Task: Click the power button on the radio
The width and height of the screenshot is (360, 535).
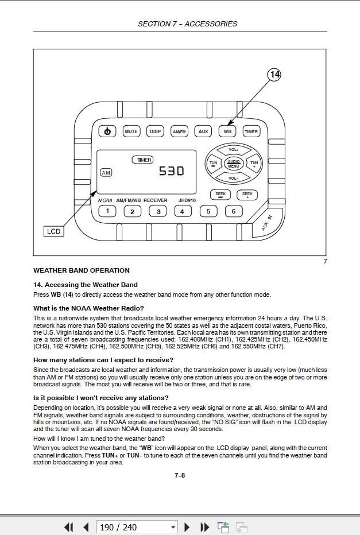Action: (107, 131)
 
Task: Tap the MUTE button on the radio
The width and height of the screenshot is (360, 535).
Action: (131, 131)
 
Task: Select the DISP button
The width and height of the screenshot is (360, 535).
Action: (155, 131)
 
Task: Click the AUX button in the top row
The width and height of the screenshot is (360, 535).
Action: (203, 131)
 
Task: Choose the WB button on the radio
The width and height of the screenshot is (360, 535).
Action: (227, 131)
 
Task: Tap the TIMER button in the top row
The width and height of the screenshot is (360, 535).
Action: (251, 131)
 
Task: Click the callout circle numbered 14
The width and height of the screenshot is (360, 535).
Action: (274, 75)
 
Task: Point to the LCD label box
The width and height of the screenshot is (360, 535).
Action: (53, 231)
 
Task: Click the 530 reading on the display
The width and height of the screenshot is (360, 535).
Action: (171, 170)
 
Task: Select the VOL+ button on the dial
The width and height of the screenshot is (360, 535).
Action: (233, 150)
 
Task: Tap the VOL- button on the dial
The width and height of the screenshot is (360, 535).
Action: (233, 178)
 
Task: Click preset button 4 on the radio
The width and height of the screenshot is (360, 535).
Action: (182, 211)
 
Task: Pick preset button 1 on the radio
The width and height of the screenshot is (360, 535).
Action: (107, 211)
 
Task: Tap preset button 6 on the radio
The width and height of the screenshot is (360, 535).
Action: (233, 211)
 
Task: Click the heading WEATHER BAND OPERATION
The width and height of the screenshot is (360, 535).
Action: (82, 270)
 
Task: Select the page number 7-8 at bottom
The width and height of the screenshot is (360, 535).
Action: (180, 475)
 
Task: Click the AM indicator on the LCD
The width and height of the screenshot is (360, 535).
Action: (106, 172)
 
